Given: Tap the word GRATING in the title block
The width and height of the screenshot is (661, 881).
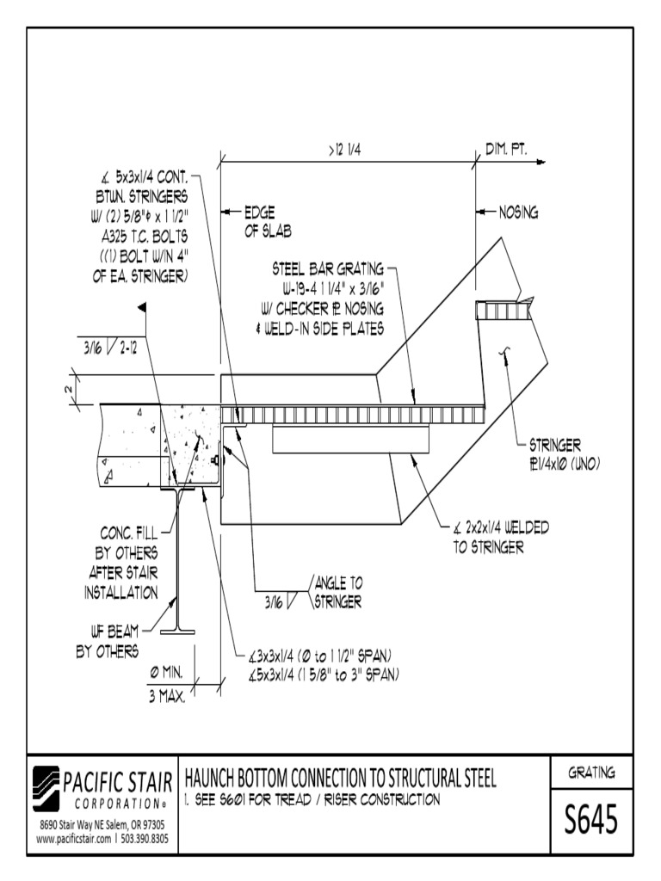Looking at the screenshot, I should click(x=592, y=773).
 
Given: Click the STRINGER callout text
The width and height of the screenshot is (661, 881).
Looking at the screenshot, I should click(x=556, y=446).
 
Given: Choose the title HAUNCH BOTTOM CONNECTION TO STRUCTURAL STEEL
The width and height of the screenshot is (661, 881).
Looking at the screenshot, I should click(x=341, y=779).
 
